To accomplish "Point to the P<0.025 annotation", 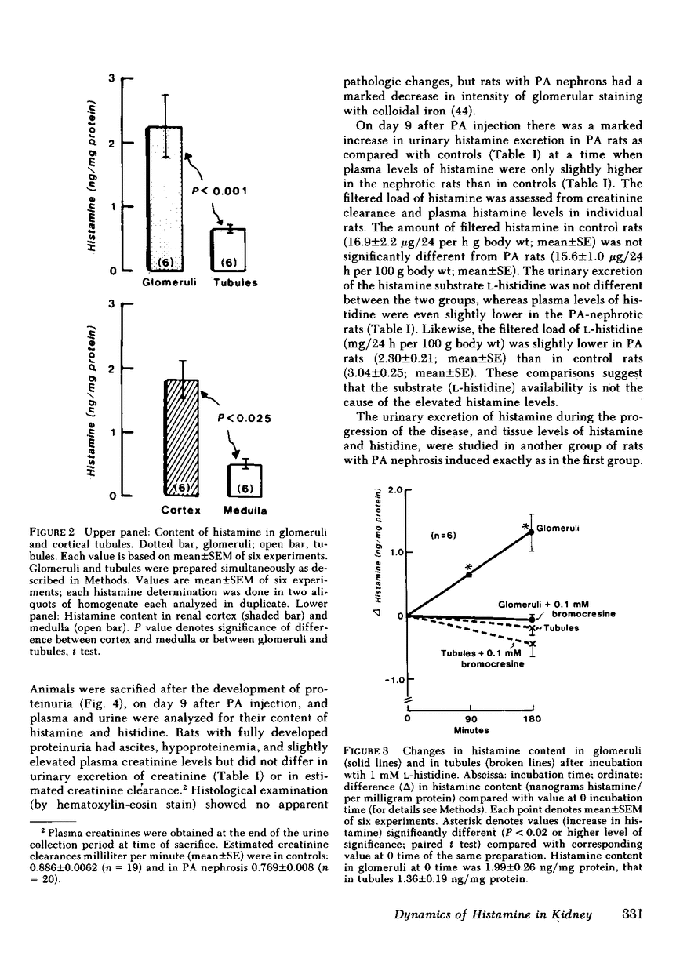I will pos(244,419).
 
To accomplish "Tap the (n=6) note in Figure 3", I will pos(445,536).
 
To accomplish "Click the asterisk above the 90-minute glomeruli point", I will pos(468,567).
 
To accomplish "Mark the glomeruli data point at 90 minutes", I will pos(469,575).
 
